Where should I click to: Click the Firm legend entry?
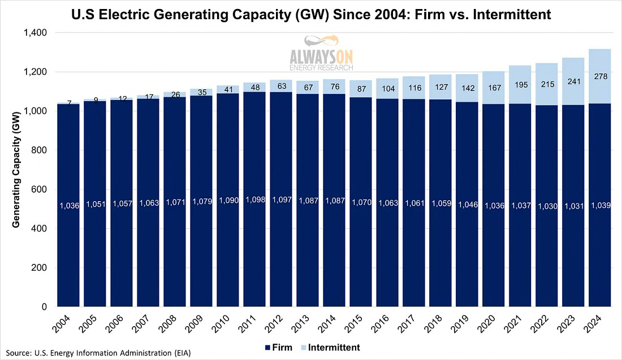277,347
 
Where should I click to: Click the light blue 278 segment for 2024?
599,76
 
